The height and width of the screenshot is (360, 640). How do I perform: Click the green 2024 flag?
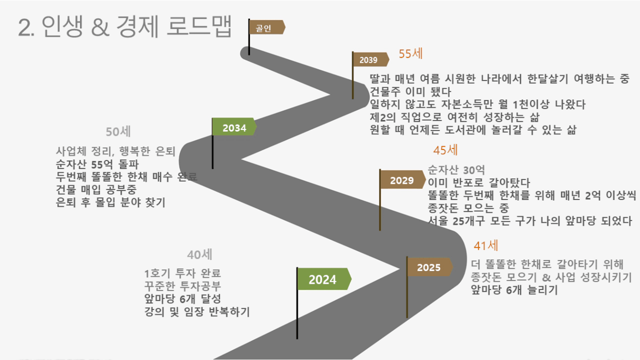point(324,279)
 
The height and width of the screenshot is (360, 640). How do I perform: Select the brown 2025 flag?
point(429,267)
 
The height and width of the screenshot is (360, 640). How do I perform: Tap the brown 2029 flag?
point(403,179)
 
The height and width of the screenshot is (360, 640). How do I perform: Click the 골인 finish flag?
point(267,27)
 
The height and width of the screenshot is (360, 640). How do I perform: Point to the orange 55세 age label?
point(411,54)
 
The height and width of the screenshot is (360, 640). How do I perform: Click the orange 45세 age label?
point(445,150)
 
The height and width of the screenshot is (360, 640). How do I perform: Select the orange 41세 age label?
point(486,245)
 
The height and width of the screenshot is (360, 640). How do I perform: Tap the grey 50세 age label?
point(118,132)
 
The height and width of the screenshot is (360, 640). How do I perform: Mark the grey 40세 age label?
point(199,255)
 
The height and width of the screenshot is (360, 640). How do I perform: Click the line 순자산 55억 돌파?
point(97,164)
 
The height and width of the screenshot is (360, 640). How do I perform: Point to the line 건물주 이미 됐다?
point(411,92)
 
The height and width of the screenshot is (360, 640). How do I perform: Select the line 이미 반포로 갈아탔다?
point(479,183)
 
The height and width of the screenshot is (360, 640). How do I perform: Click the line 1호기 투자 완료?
point(183,274)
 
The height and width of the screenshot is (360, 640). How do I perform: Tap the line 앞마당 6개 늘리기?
point(514,290)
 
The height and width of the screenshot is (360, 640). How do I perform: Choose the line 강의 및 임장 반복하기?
point(197,312)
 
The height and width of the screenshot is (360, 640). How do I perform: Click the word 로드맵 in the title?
point(199,26)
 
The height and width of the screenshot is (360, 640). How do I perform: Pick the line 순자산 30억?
point(456,170)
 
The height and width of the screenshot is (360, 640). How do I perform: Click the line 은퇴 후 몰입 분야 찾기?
point(111,202)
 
